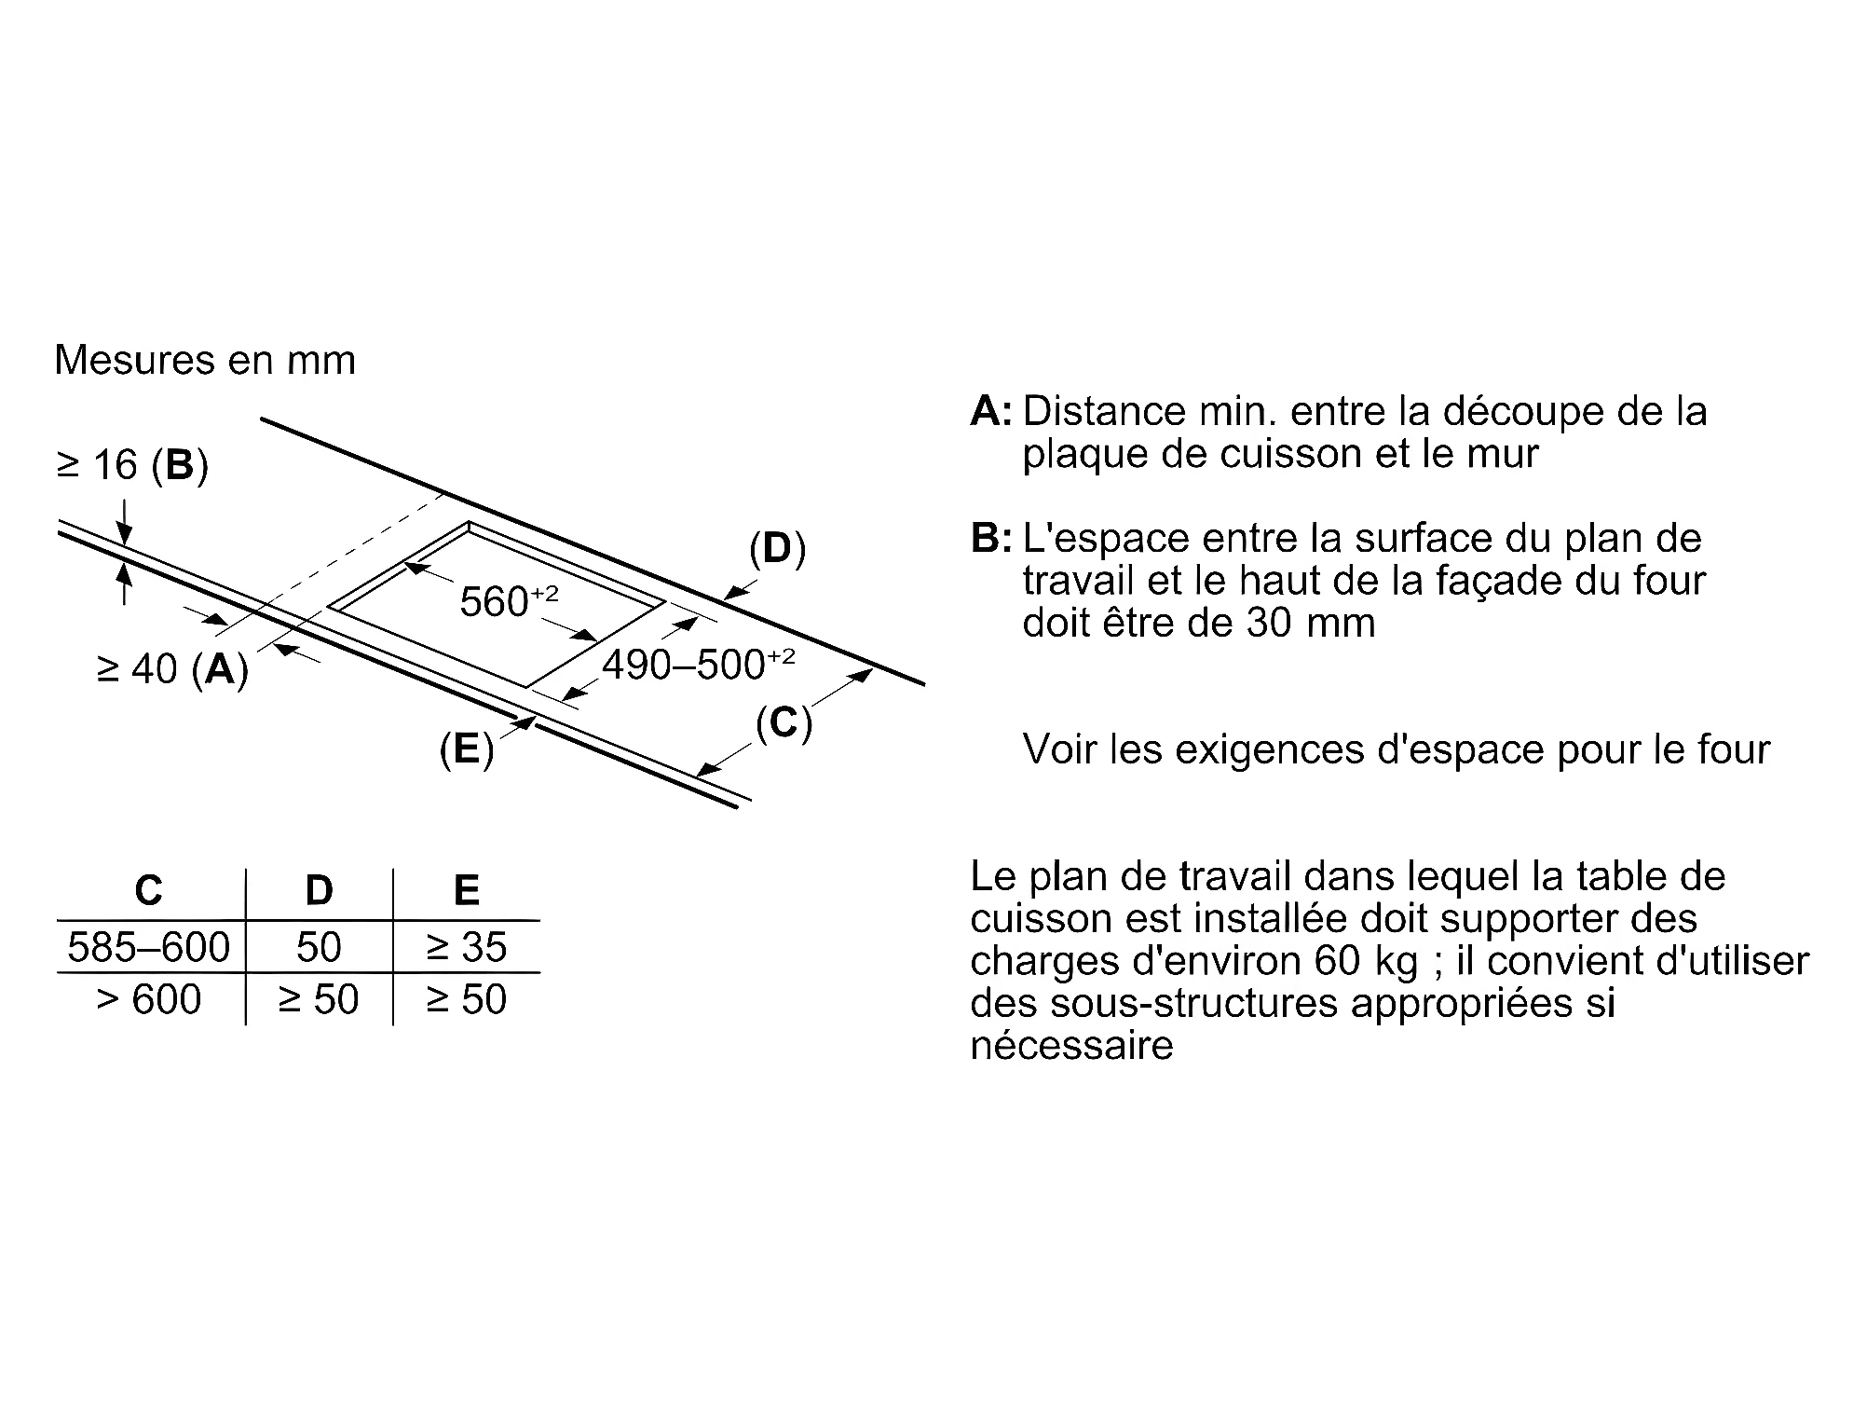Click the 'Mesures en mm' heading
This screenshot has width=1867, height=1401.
[x=205, y=361]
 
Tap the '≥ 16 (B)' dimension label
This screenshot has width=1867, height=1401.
[x=132, y=465]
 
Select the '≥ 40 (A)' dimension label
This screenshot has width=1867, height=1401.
[x=172, y=668]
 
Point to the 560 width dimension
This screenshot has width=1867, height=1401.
[x=508, y=601]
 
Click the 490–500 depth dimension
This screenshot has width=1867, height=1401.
[x=698, y=665]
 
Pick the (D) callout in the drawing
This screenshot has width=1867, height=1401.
[x=777, y=550]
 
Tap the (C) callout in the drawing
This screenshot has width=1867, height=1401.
[x=784, y=723]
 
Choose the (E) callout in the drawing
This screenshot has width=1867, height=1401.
[x=466, y=749]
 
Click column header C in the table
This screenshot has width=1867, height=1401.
[x=149, y=891]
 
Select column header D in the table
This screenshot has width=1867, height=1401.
[x=319, y=891]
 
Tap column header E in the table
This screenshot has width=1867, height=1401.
[x=466, y=891]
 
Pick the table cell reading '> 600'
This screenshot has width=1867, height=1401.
[x=149, y=1000]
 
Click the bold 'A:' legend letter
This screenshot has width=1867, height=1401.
[x=990, y=412]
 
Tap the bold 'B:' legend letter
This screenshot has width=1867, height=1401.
[x=990, y=539]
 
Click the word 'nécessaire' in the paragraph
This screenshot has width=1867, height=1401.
[x=1071, y=1046]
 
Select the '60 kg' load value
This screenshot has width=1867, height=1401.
[x=1367, y=961]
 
